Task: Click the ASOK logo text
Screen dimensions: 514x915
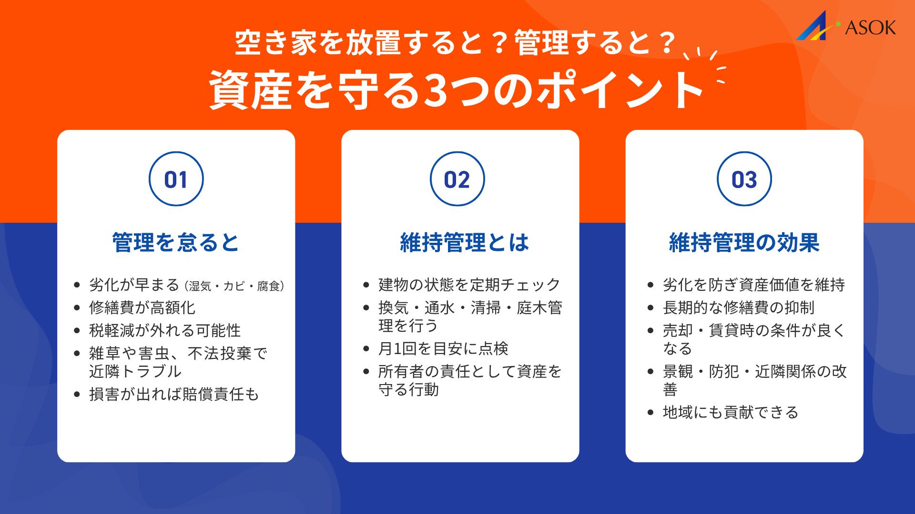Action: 870,28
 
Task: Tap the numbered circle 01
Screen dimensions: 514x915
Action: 176,179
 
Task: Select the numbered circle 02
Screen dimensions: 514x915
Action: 457,179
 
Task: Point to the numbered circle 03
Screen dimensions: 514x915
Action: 744,179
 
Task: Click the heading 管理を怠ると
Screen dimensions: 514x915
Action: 176,243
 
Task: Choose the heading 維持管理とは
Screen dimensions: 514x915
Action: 465,243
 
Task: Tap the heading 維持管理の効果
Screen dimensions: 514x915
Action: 744,243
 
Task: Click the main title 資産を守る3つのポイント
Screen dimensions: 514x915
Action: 457,90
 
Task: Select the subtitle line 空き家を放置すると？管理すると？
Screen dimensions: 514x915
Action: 455,43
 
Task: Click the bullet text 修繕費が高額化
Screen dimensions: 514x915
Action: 142,308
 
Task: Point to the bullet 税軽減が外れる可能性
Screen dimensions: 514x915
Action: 165,331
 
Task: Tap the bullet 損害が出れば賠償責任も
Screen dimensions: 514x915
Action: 174,395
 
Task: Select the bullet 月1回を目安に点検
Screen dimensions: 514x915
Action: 443,349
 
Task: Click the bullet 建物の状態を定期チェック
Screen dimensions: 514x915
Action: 469,285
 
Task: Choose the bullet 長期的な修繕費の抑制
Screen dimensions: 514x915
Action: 738,308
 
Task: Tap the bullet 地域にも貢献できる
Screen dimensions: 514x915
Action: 730,413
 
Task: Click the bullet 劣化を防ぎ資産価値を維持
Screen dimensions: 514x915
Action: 753,285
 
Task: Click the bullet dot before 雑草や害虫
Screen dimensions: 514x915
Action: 77,354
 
